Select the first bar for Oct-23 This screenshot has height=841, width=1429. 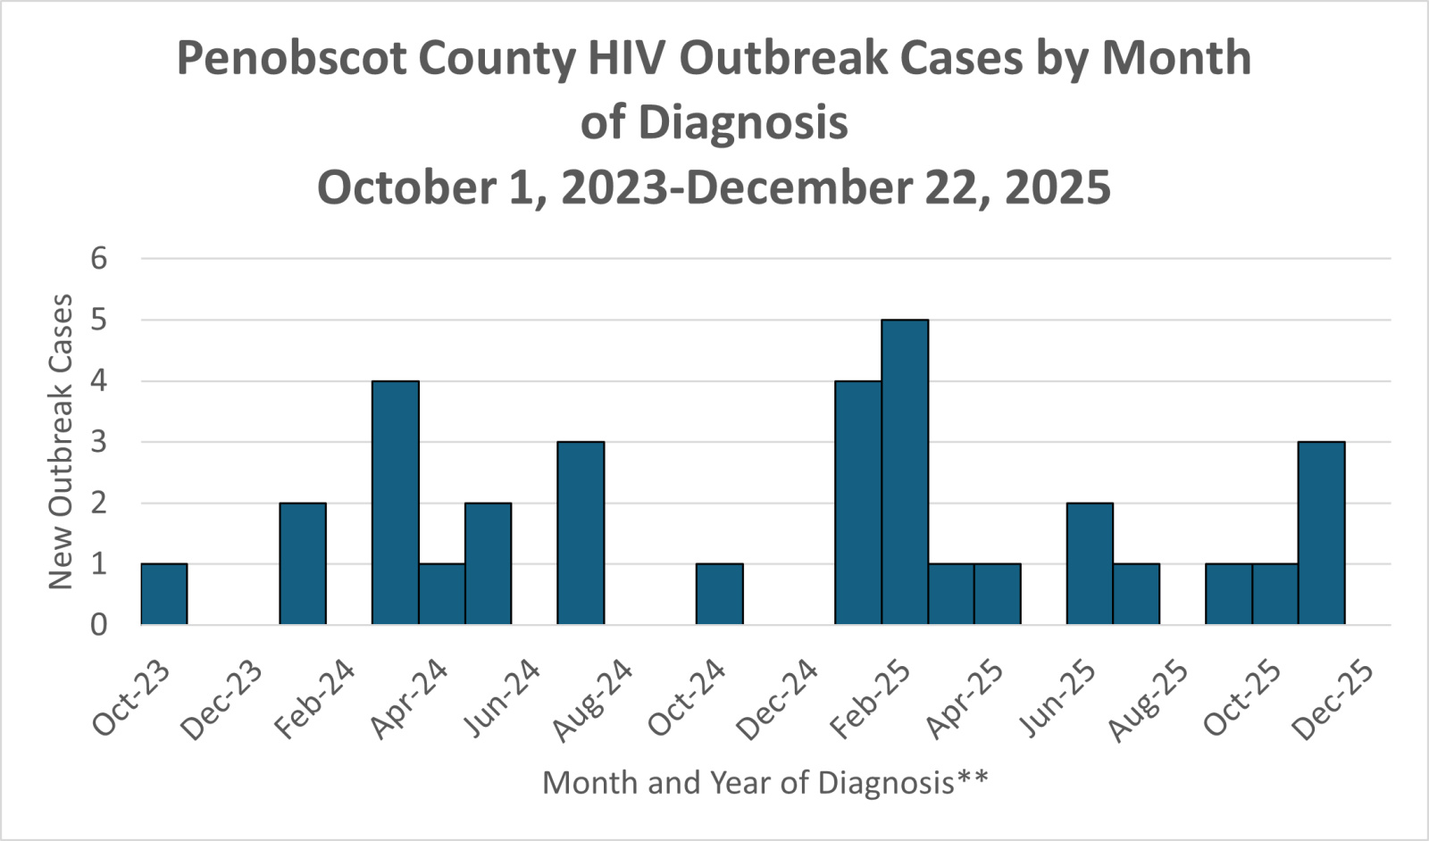tap(164, 594)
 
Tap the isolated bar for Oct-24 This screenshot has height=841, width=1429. tap(720, 594)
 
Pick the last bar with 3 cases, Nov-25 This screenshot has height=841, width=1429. tap(1321, 533)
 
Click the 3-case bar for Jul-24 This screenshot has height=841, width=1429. tap(581, 533)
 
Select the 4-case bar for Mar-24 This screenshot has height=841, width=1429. tap(396, 503)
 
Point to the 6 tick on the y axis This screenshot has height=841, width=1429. tap(99, 259)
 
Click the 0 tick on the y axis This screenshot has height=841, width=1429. tap(99, 624)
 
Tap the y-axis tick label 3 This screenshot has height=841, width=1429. tap(99, 442)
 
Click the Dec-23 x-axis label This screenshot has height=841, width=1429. tap(222, 701)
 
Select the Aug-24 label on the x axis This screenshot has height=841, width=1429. tap(593, 701)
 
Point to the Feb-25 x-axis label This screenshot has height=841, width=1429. tap(871, 701)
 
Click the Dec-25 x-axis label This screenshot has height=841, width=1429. tap(1333, 701)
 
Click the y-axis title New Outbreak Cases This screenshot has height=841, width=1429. tap(61, 442)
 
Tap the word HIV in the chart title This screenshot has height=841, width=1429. tap(626, 58)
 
